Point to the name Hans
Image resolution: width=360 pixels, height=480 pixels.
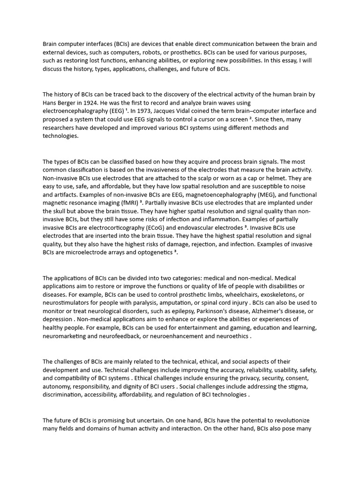tap(50, 103)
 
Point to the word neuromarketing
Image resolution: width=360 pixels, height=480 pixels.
tap(66, 337)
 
